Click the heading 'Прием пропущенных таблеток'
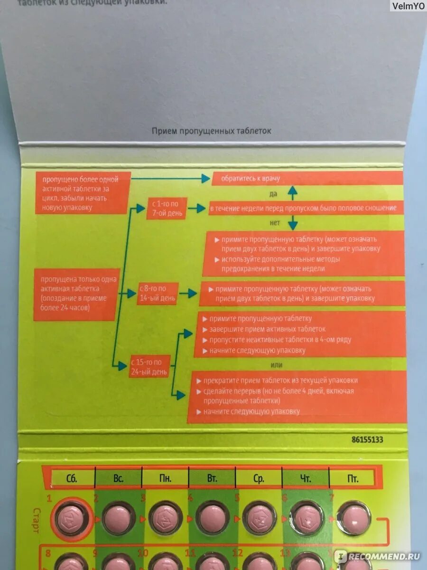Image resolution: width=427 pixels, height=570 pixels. [212, 131]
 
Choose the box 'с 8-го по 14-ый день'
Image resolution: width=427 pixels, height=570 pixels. [158, 294]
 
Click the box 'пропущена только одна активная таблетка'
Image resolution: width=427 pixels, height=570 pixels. [75, 294]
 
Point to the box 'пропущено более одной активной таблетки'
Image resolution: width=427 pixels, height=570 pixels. [83, 193]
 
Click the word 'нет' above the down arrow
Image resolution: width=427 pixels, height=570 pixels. [275, 222]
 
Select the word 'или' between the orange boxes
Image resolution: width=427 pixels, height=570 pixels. [276, 365]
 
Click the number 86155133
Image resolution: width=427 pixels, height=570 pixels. [367, 439]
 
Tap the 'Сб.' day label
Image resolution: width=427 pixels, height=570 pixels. [72, 478]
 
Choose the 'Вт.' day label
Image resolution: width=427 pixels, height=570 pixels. [212, 478]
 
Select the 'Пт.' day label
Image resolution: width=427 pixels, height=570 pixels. [352, 478]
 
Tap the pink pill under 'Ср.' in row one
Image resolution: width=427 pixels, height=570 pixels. [259, 518]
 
